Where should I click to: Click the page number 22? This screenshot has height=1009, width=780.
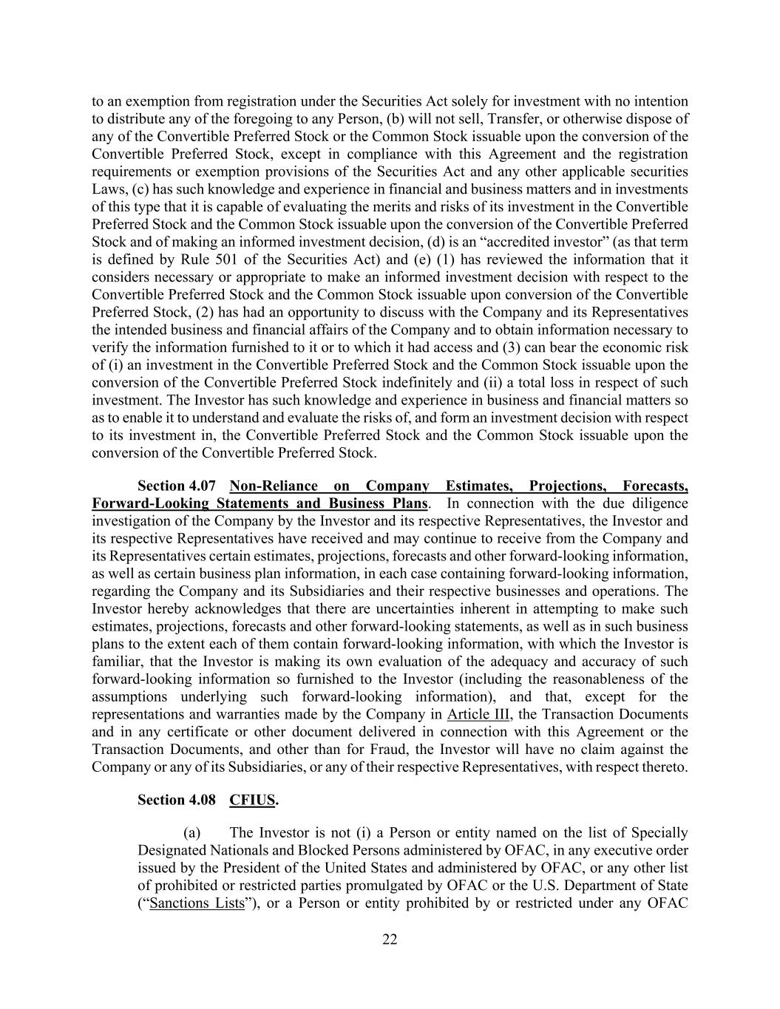(x=390, y=940)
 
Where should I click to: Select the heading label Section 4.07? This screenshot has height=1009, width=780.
(x=177, y=486)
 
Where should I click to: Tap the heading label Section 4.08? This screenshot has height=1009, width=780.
(x=177, y=800)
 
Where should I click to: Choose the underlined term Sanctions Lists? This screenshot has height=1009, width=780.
(x=197, y=903)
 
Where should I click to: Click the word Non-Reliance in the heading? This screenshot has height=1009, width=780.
(x=269, y=486)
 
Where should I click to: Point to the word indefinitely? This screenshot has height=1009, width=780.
(x=416, y=383)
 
